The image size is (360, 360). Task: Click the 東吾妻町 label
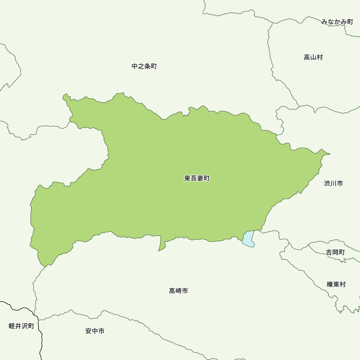click(197, 178)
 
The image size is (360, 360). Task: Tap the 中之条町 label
click(144, 66)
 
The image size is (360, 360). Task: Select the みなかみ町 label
click(337, 22)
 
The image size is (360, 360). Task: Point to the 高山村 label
click(313, 57)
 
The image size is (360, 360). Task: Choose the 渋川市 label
click(333, 184)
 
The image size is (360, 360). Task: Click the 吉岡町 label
click(336, 252)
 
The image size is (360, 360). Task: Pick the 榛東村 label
click(336, 284)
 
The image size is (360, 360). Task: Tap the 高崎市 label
click(179, 291)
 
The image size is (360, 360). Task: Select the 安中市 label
click(95, 331)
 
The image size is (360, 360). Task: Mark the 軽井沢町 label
click(22, 326)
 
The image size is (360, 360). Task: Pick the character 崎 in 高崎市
click(179, 291)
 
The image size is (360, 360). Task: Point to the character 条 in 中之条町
click(147, 66)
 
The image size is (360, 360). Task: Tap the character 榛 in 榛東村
click(330, 284)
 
